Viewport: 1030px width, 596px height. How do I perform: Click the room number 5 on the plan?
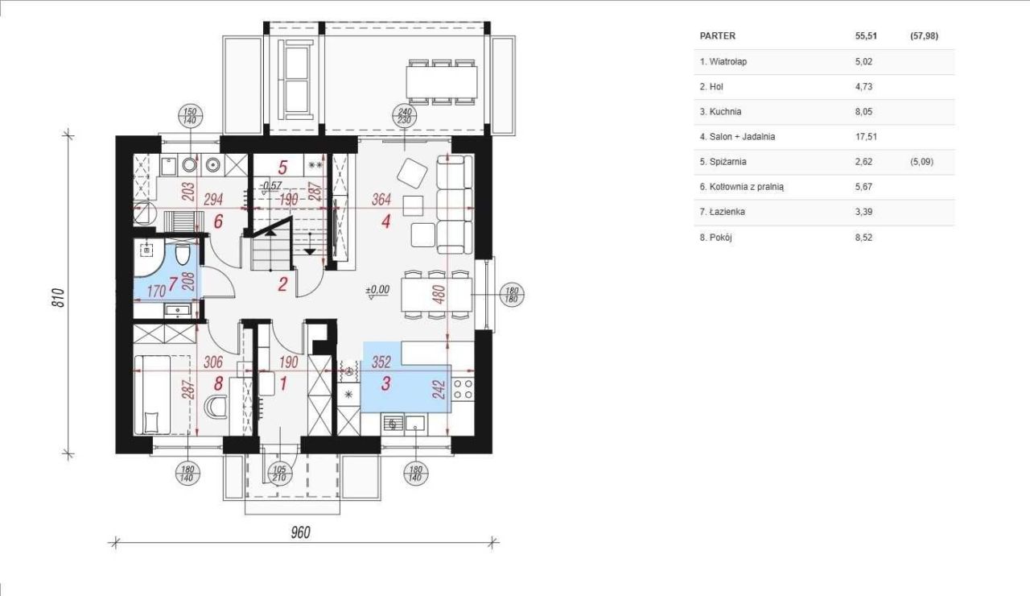[x=282, y=167]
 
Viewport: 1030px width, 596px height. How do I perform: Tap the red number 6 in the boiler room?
[x=218, y=221]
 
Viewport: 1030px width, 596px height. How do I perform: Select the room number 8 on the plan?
[x=218, y=383]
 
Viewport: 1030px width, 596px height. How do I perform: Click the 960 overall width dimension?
[x=301, y=532]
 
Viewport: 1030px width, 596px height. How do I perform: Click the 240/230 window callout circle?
[x=405, y=115]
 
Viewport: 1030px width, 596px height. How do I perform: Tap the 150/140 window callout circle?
[x=190, y=115]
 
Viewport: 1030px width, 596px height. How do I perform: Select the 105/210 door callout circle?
[x=279, y=473]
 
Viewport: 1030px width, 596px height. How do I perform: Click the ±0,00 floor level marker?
[x=377, y=292]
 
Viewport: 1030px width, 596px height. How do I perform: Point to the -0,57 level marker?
[x=271, y=186]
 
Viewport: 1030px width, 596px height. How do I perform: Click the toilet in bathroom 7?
[x=183, y=255]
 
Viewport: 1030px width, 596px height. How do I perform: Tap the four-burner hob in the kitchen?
[x=463, y=389]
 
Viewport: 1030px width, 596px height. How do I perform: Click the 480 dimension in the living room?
[x=439, y=295]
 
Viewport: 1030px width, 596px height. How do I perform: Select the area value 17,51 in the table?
[x=866, y=137]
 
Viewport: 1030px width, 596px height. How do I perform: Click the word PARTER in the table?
[x=717, y=36]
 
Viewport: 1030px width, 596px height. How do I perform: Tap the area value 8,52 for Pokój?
[x=863, y=238]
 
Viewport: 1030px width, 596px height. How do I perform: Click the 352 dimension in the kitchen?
[x=381, y=362]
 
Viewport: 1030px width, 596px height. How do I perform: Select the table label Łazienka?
[x=729, y=212]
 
